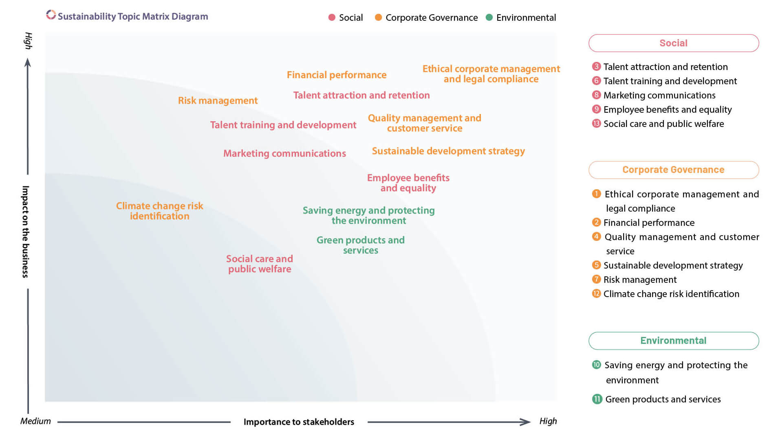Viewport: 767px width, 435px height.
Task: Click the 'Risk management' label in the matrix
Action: pos(218,101)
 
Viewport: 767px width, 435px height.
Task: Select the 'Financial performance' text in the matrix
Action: pos(336,75)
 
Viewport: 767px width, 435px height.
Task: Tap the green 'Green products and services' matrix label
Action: pos(360,245)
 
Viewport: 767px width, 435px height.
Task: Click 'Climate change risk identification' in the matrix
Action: pos(159,211)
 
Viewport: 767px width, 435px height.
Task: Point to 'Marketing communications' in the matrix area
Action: pos(284,153)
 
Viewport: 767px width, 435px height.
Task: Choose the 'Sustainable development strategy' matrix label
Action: pos(448,151)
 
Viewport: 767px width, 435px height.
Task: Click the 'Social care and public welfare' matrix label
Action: pos(260,264)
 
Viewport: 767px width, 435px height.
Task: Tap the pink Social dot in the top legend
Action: pos(332,17)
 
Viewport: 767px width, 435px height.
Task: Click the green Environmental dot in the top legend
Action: pos(489,17)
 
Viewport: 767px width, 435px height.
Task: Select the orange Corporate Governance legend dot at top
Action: pos(378,17)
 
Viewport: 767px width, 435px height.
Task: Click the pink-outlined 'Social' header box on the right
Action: pos(673,43)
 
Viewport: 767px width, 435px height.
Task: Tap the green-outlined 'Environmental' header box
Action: pos(673,341)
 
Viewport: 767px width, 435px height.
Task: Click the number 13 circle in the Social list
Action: pos(596,123)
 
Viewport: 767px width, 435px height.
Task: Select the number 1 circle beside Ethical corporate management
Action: pos(596,194)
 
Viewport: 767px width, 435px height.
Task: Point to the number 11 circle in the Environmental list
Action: pos(597,399)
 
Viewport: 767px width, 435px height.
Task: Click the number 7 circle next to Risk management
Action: pos(596,279)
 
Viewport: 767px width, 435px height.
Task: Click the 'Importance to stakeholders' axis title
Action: pos(299,422)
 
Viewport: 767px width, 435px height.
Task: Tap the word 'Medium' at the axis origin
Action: pos(35,421)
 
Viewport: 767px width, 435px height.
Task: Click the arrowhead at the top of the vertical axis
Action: pos(28,62)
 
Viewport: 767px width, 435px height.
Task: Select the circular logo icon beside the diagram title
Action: pos(51,15)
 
